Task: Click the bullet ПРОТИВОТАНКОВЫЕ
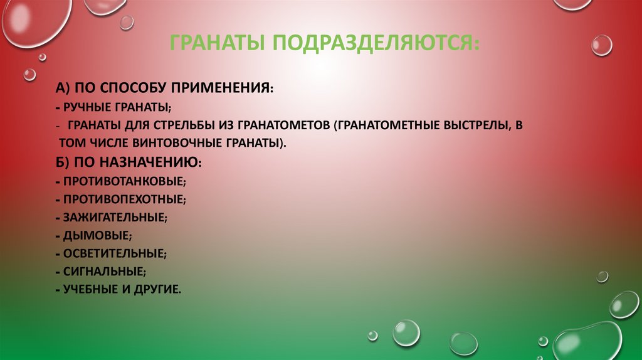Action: tap(123, 181)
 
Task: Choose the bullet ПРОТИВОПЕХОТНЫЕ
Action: tap(123, 199)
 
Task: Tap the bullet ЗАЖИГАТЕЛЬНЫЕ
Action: tap(114, 218)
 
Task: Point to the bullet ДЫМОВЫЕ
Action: tap(97, 236)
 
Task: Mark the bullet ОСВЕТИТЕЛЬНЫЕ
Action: tap(114, 254)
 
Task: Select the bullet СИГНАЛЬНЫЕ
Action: tap(103, 272)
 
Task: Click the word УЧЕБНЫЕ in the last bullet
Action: tap(90, 290)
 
